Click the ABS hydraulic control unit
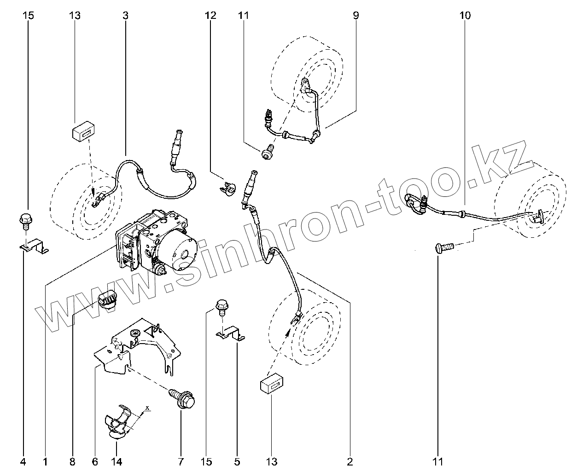pyautogui.click(x=157, y=241)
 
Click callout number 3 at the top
pyautogui.click(x=125, y=16)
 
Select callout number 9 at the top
pyautogui.click(x=356, y=16)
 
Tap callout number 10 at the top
pyautogui.click(x=465, y=16)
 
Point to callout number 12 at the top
pyautogui.click(x=210, y=16)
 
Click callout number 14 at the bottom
pyautogui.click(x=117, y=461)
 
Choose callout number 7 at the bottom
pyautogui.click(x=181, y=461)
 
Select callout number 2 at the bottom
pyautogui.click(x=350, y=461)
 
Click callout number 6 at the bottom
pyautogui.click(x=95, y=461)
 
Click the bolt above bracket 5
pyautogui.click(x=221, y=307)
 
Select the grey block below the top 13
pyautogui.click(x=83, y=132)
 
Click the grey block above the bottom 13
pyautogui.click(x=272, y=385)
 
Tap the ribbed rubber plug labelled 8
pyautogui.click(x=108, y=300)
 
